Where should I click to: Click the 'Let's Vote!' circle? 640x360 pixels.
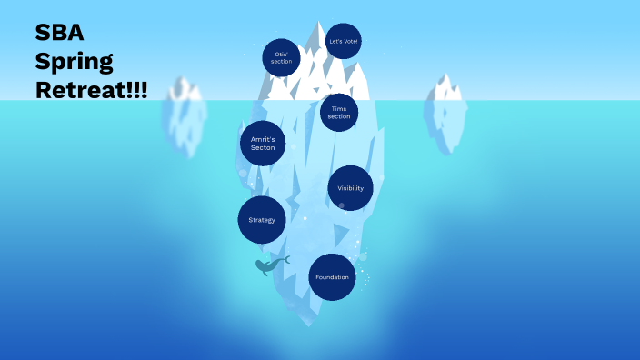pyautogui.click(x=344, y=41)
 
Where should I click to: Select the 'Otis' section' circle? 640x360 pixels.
pyautogui.click(x=281, y=57)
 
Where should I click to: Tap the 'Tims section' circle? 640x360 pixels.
pyautogui.click(x=339, y=113)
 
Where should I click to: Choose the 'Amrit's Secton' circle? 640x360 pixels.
pyautogui.click(x=263, y=144)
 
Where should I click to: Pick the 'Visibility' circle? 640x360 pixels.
pyautogui.click(x=351, y=188)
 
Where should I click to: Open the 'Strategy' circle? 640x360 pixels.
pyautogui.click(x=262, y=220)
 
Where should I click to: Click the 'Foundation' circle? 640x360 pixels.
pyautogui.click(x=332, y=277)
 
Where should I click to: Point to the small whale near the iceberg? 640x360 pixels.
pyautogui.click(x=272, y=265)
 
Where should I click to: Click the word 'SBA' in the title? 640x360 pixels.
pyautogui.click(x=60, y=32)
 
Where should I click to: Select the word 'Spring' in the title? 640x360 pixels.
pyautogui.click(x=75, y=62)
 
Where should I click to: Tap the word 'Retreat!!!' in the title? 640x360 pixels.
pyautogui.click(x=92, y=90)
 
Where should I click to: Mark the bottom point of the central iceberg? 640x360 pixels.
pyautogui.click(x=309, y=326)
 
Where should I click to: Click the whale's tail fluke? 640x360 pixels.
pyautogui.click(x=286, y=260)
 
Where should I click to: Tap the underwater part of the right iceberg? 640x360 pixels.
pyautogui.click(x=445, y=125)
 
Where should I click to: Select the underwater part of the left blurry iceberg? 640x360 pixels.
pyautogui.click(x=184, y=126)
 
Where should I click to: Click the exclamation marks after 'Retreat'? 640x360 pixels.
pyautogui.click(x=137, y=90)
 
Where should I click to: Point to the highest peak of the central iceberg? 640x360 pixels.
pyautogui.click(x=317, y=23)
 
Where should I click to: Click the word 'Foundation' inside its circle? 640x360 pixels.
pyautogui.click(x=332, y=277)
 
